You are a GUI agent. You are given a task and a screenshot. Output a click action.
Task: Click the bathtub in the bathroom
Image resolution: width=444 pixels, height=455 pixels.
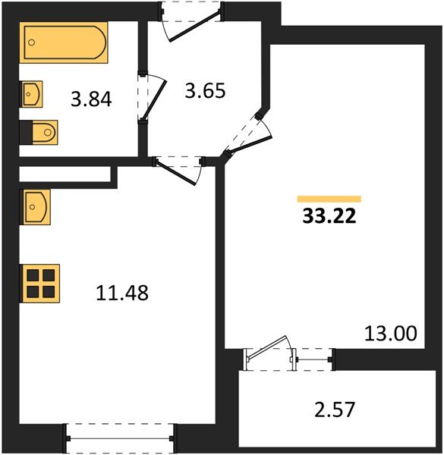click(64, 45)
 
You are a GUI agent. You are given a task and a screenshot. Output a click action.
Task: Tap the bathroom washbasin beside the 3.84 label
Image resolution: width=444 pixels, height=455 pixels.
click(32, 95)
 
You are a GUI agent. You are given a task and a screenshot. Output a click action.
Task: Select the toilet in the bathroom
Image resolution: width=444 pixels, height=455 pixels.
click(43, 133)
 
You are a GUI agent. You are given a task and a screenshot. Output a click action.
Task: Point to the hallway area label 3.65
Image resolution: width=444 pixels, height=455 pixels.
click(206, 92)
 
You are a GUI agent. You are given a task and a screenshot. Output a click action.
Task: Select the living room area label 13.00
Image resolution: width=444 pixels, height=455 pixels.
click(391, 333)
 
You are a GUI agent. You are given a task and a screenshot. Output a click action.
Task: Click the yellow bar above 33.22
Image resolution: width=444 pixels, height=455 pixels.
click(329, 199)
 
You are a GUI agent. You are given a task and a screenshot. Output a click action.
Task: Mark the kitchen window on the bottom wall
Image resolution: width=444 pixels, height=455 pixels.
click(121, 437)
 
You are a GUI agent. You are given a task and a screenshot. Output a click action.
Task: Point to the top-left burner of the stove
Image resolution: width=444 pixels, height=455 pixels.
click(33, 274)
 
